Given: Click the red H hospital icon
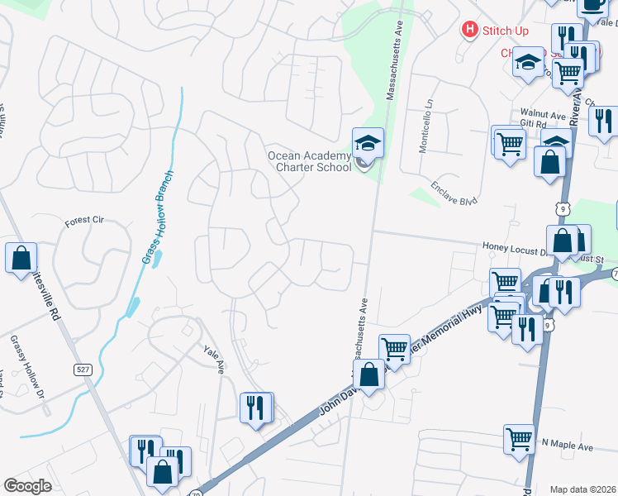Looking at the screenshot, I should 470,30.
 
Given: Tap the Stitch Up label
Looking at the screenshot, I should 506,31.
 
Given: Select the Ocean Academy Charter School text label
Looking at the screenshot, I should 308,160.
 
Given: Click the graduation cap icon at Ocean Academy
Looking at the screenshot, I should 367,142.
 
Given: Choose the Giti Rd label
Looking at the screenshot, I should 535,123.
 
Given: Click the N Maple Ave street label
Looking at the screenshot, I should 568,446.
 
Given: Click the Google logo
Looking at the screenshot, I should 28,486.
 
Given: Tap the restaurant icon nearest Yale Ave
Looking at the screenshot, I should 255,407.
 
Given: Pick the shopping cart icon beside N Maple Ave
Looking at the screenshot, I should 519,439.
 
